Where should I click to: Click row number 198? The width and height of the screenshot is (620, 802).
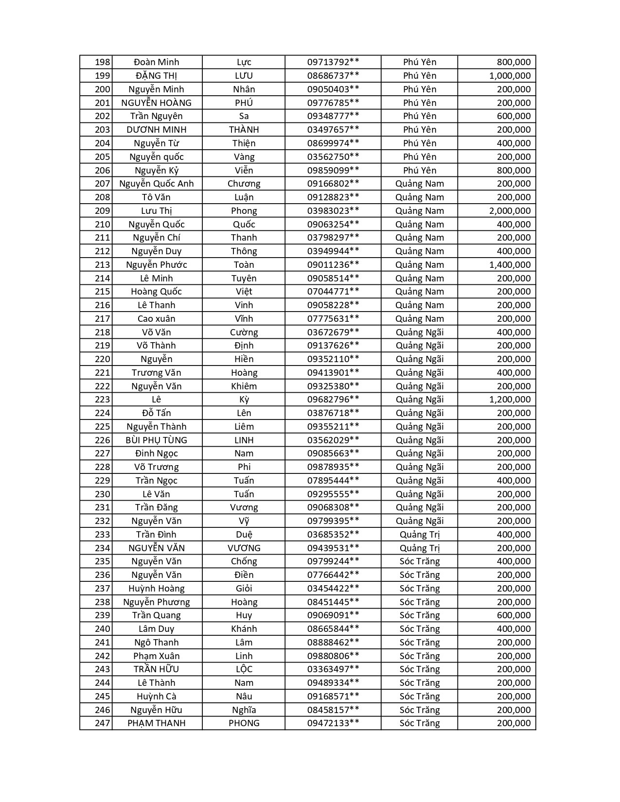(102, 62)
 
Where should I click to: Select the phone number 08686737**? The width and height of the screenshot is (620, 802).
(333, 76)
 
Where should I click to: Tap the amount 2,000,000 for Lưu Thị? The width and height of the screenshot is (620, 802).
(510, 211)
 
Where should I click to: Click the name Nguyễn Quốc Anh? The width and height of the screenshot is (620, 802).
(157, 184)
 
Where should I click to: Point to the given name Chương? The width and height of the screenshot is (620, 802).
(244, 184)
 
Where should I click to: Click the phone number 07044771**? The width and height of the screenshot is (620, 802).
(333, 292)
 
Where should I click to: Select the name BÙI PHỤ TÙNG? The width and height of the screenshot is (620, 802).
(157, 440)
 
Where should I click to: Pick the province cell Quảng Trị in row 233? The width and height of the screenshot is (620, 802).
(419, 535)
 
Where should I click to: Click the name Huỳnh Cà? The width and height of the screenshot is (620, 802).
(157, 697)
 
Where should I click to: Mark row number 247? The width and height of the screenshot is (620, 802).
(102, 723)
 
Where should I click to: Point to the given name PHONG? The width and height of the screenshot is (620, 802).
(244, 723)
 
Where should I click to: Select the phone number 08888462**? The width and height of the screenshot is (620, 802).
(333, 643)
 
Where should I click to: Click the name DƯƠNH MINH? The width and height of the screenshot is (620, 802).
(157, 130)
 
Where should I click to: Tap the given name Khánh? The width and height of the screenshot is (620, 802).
(244, 629)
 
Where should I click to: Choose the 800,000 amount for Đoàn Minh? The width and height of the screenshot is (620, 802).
(514, 62)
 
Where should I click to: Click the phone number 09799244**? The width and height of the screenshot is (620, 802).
(333, 561)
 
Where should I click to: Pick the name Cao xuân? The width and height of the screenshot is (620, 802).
(157, 319)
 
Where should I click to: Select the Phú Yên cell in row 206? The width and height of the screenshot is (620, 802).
(419, 171)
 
